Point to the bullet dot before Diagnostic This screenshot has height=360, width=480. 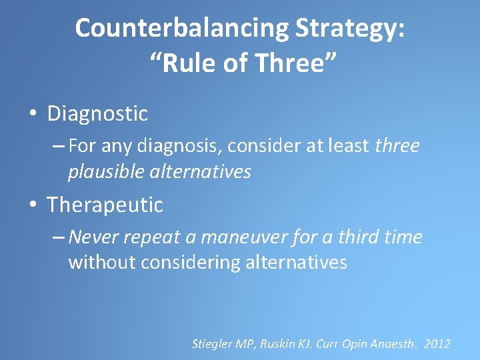[x=33, y=114]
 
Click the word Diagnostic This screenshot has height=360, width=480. [x=97, y=114]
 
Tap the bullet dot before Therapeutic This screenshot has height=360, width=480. [x=33, y=205]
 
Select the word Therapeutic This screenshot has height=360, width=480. [x=105, y=205]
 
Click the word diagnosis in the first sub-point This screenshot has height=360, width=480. [x=167, y=146]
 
